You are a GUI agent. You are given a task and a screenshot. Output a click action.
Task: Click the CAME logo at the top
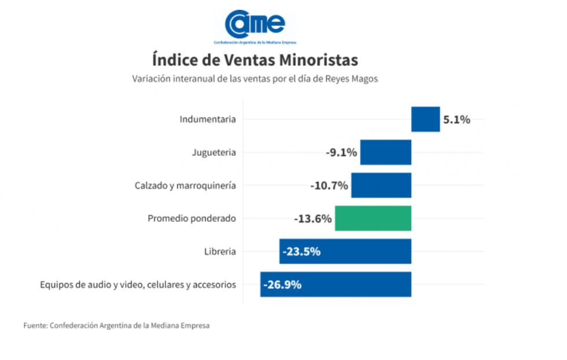(x=255, y=26)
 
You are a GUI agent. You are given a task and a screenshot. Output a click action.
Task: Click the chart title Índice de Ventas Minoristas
(x=255, y=60)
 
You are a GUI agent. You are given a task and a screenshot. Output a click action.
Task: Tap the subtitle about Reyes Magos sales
(x=255, y=79)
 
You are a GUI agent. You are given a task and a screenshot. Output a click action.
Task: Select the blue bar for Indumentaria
(x=425, y=120)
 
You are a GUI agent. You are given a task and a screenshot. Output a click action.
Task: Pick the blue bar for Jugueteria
(x=386, y=153)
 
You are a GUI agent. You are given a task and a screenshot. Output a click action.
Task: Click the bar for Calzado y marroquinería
(x=381, y=186)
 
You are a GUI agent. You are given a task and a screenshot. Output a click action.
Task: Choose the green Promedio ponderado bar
(x=373, y=219)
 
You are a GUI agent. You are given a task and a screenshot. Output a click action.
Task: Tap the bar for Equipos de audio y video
(x=347, y=285)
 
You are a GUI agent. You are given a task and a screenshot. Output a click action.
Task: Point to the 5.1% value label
(x=456, y=120)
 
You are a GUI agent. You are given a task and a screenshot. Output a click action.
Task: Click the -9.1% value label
(x=341, y=153)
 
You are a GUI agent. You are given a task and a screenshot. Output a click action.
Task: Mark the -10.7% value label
(x=329, y=186)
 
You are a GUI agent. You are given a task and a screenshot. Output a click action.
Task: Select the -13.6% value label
(x=313, y=219)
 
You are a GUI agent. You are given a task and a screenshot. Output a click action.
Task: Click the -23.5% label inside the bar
(x=301, y=252)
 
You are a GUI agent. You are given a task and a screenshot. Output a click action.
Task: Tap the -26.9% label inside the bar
(x=282, y=285)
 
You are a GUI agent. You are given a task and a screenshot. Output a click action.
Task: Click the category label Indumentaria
(x=207, y=120)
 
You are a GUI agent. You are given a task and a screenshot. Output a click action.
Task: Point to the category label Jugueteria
(x=214, y=153)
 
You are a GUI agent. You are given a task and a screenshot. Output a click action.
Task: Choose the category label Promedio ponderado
(x=192, y=219)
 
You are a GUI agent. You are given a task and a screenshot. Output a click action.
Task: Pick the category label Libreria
(x=220, y=252)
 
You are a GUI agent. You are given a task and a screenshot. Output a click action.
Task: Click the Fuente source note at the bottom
(x=116, y=326)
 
